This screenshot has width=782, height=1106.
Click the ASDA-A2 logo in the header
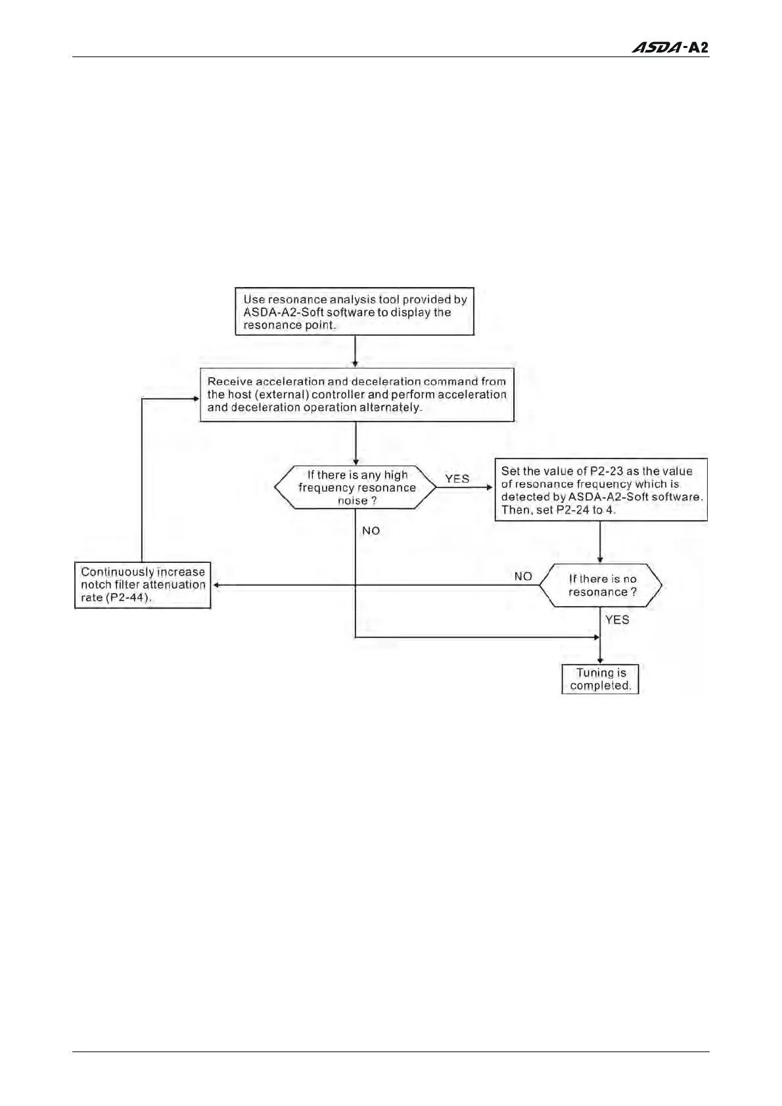pos(670,48)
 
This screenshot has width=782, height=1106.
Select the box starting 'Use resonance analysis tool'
pos(355,312)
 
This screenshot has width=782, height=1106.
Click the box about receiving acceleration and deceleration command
pos(357,395)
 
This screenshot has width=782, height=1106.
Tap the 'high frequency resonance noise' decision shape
pos(356,487)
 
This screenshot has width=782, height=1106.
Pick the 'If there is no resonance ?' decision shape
pos(601,585)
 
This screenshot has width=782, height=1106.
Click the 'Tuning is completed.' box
pos(600,679)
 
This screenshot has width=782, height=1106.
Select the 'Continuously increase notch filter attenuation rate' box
pos(143,585)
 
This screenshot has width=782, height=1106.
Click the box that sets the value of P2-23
pos(601,490)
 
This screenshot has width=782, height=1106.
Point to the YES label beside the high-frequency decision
pos(457,479)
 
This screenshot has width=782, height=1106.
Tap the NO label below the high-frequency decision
pos(371,531)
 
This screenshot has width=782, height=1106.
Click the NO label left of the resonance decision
pos(523,576)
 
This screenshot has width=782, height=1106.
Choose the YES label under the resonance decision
pos(617,619)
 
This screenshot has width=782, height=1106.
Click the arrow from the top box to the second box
pos(355,352)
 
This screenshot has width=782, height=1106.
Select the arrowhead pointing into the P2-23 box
pos(489,487)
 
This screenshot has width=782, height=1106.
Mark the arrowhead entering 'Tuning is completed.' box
pos(600,661)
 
